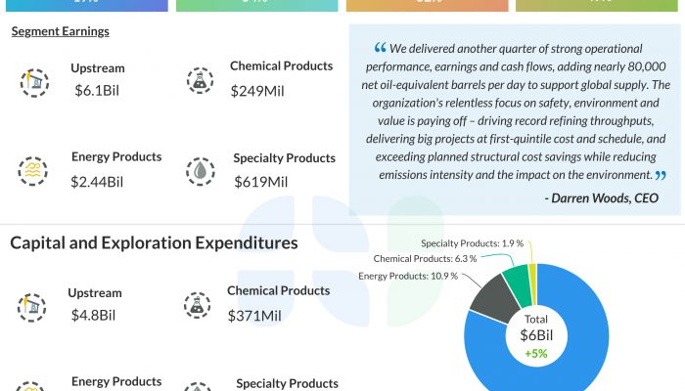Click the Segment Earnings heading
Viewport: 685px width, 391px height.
60,31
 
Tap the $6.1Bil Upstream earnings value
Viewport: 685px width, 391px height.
98,91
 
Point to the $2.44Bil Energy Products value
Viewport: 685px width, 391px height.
97,182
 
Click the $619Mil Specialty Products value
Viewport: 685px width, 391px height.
261,182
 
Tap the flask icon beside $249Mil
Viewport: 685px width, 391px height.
200,80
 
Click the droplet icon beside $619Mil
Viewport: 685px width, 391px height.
200,171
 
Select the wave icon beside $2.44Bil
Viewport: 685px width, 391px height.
33,171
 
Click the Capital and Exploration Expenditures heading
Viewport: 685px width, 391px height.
154,242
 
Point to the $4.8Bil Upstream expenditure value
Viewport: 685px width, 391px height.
94,316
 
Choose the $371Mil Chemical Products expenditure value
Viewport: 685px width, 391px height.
254,316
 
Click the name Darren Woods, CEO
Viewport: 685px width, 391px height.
600,198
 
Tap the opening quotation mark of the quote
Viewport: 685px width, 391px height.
380,49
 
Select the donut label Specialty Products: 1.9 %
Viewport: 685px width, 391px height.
472,243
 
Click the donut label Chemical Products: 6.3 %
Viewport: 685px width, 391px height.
425,259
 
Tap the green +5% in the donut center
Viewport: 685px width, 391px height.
535,353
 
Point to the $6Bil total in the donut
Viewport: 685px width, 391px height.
535,333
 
